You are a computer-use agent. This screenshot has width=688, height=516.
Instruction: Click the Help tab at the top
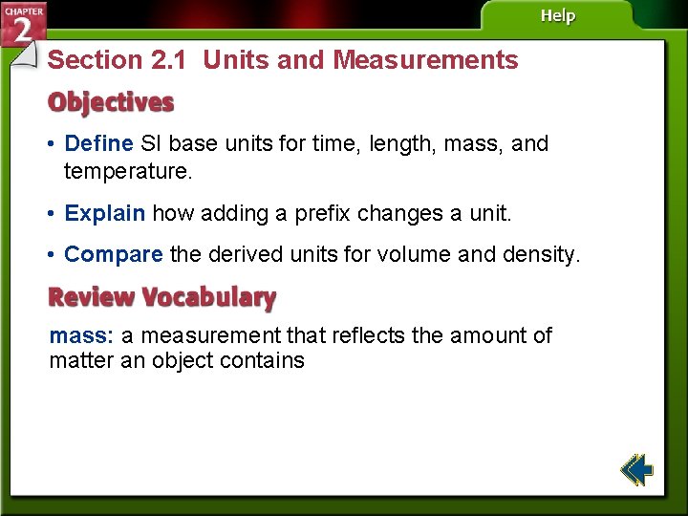(558, 16)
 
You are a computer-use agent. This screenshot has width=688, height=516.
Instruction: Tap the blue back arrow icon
(635, 469)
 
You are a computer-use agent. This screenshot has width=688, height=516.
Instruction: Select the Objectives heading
(111, 102)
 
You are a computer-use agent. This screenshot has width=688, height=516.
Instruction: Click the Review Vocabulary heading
(162, 296)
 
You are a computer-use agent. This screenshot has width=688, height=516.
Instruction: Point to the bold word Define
(98, 144)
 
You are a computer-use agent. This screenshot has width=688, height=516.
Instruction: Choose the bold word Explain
(105, 213)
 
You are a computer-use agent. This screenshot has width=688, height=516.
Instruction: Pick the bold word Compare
(114, 255)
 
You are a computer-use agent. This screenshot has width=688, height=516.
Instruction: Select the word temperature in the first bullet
(125, 172)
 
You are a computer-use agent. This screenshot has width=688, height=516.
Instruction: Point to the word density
(538, 255)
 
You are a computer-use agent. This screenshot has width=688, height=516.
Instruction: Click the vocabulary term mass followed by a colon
(81, 336)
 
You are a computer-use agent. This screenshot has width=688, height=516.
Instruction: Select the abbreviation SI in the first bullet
(151, 144)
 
